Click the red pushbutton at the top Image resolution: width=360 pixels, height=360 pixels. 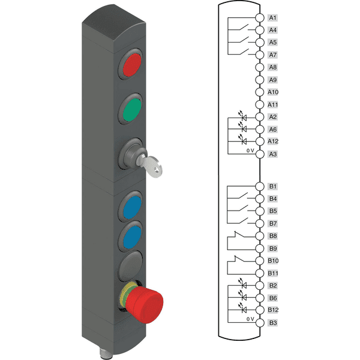(x=132, y=65)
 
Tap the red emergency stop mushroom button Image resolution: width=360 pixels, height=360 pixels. (x=144, y=304)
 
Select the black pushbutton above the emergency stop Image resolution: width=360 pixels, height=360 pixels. (x=130, y=266)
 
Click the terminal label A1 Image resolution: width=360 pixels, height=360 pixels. (x=272, y=18)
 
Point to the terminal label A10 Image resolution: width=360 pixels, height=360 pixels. (x=273, y=92)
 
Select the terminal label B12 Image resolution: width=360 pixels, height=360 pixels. (x=273, y=310)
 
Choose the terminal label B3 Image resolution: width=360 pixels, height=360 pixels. (x=273, y=323)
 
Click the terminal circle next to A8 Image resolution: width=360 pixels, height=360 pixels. (x=260, y=67)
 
